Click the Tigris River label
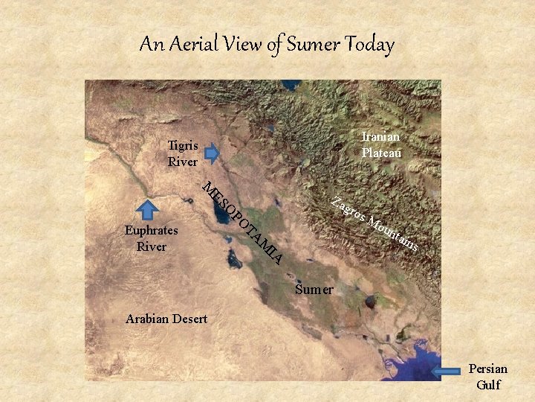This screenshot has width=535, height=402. (182, 153)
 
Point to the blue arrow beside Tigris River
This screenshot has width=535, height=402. (212, 153)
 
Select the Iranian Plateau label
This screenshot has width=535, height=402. (381, 144)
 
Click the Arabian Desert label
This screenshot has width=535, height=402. (166, 319)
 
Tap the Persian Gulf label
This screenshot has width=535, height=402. (488, 377)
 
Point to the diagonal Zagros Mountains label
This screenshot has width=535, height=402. (377, 223)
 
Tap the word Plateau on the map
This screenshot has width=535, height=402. (381, 153)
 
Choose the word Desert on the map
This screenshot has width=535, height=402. (187, 319)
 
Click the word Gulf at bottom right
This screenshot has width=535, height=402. (488, 385)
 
